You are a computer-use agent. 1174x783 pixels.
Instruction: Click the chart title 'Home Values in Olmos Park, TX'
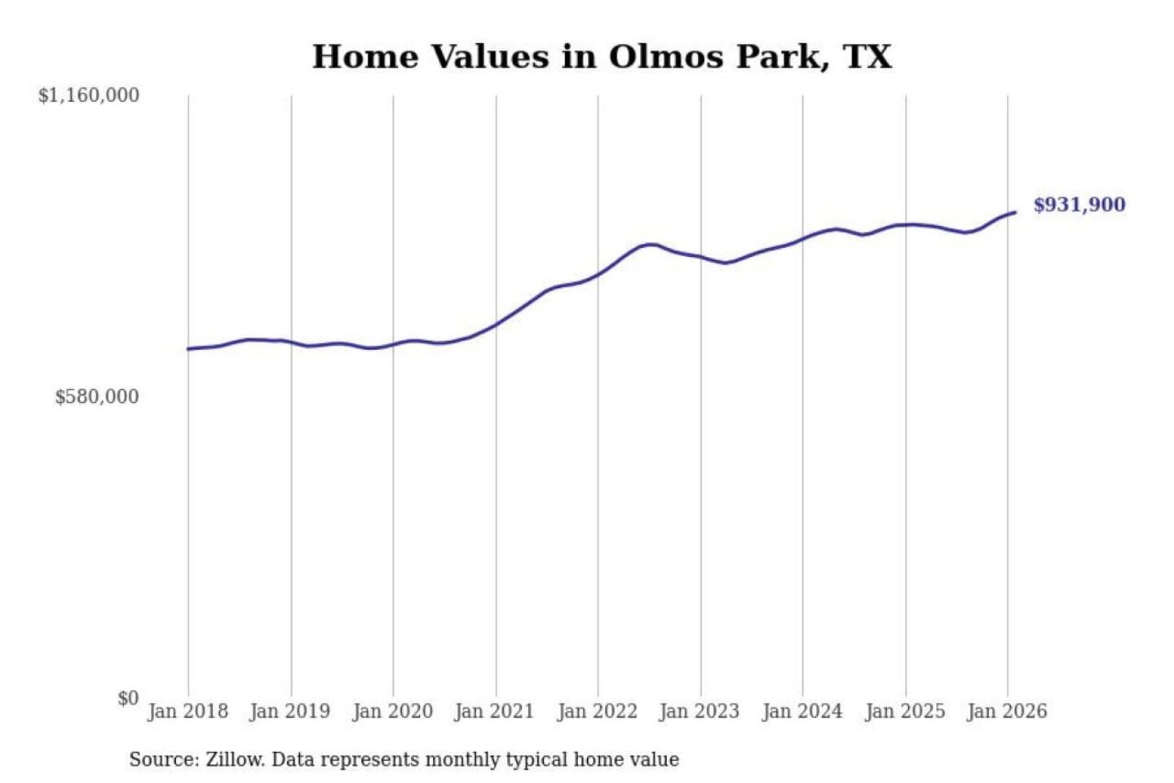tap(602, 57)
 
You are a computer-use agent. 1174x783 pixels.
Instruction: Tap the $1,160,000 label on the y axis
tap(89, 95)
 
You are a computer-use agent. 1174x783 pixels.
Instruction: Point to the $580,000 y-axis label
tap(97, 397)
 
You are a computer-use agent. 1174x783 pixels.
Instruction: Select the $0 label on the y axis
tap(128, 698)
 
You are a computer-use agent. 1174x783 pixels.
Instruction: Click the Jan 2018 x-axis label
tap(188, 711)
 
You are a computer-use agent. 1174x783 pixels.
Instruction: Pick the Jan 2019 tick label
tap(290, 711)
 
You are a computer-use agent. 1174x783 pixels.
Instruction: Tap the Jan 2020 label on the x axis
tap(392, 711)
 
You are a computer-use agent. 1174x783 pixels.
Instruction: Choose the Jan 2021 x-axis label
tap(494, 711)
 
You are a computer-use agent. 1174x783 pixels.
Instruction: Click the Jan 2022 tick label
tap(597, 711)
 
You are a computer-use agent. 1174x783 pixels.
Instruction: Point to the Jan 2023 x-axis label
tap(700, 711)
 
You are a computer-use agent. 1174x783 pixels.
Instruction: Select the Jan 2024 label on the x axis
tap(802, 711)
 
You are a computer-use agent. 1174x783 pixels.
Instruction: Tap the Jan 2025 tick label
tap(905, 711)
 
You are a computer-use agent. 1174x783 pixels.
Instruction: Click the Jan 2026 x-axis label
tap(1007, 711)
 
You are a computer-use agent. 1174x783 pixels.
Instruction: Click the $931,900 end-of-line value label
tap(1079, 205)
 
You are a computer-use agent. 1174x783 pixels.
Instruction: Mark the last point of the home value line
tap(1015, 213)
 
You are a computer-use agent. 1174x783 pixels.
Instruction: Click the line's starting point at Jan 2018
tap(188, 349)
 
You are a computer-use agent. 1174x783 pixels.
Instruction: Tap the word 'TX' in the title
tap(867, 57)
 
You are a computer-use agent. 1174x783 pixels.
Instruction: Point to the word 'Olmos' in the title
tap(667, 57)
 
